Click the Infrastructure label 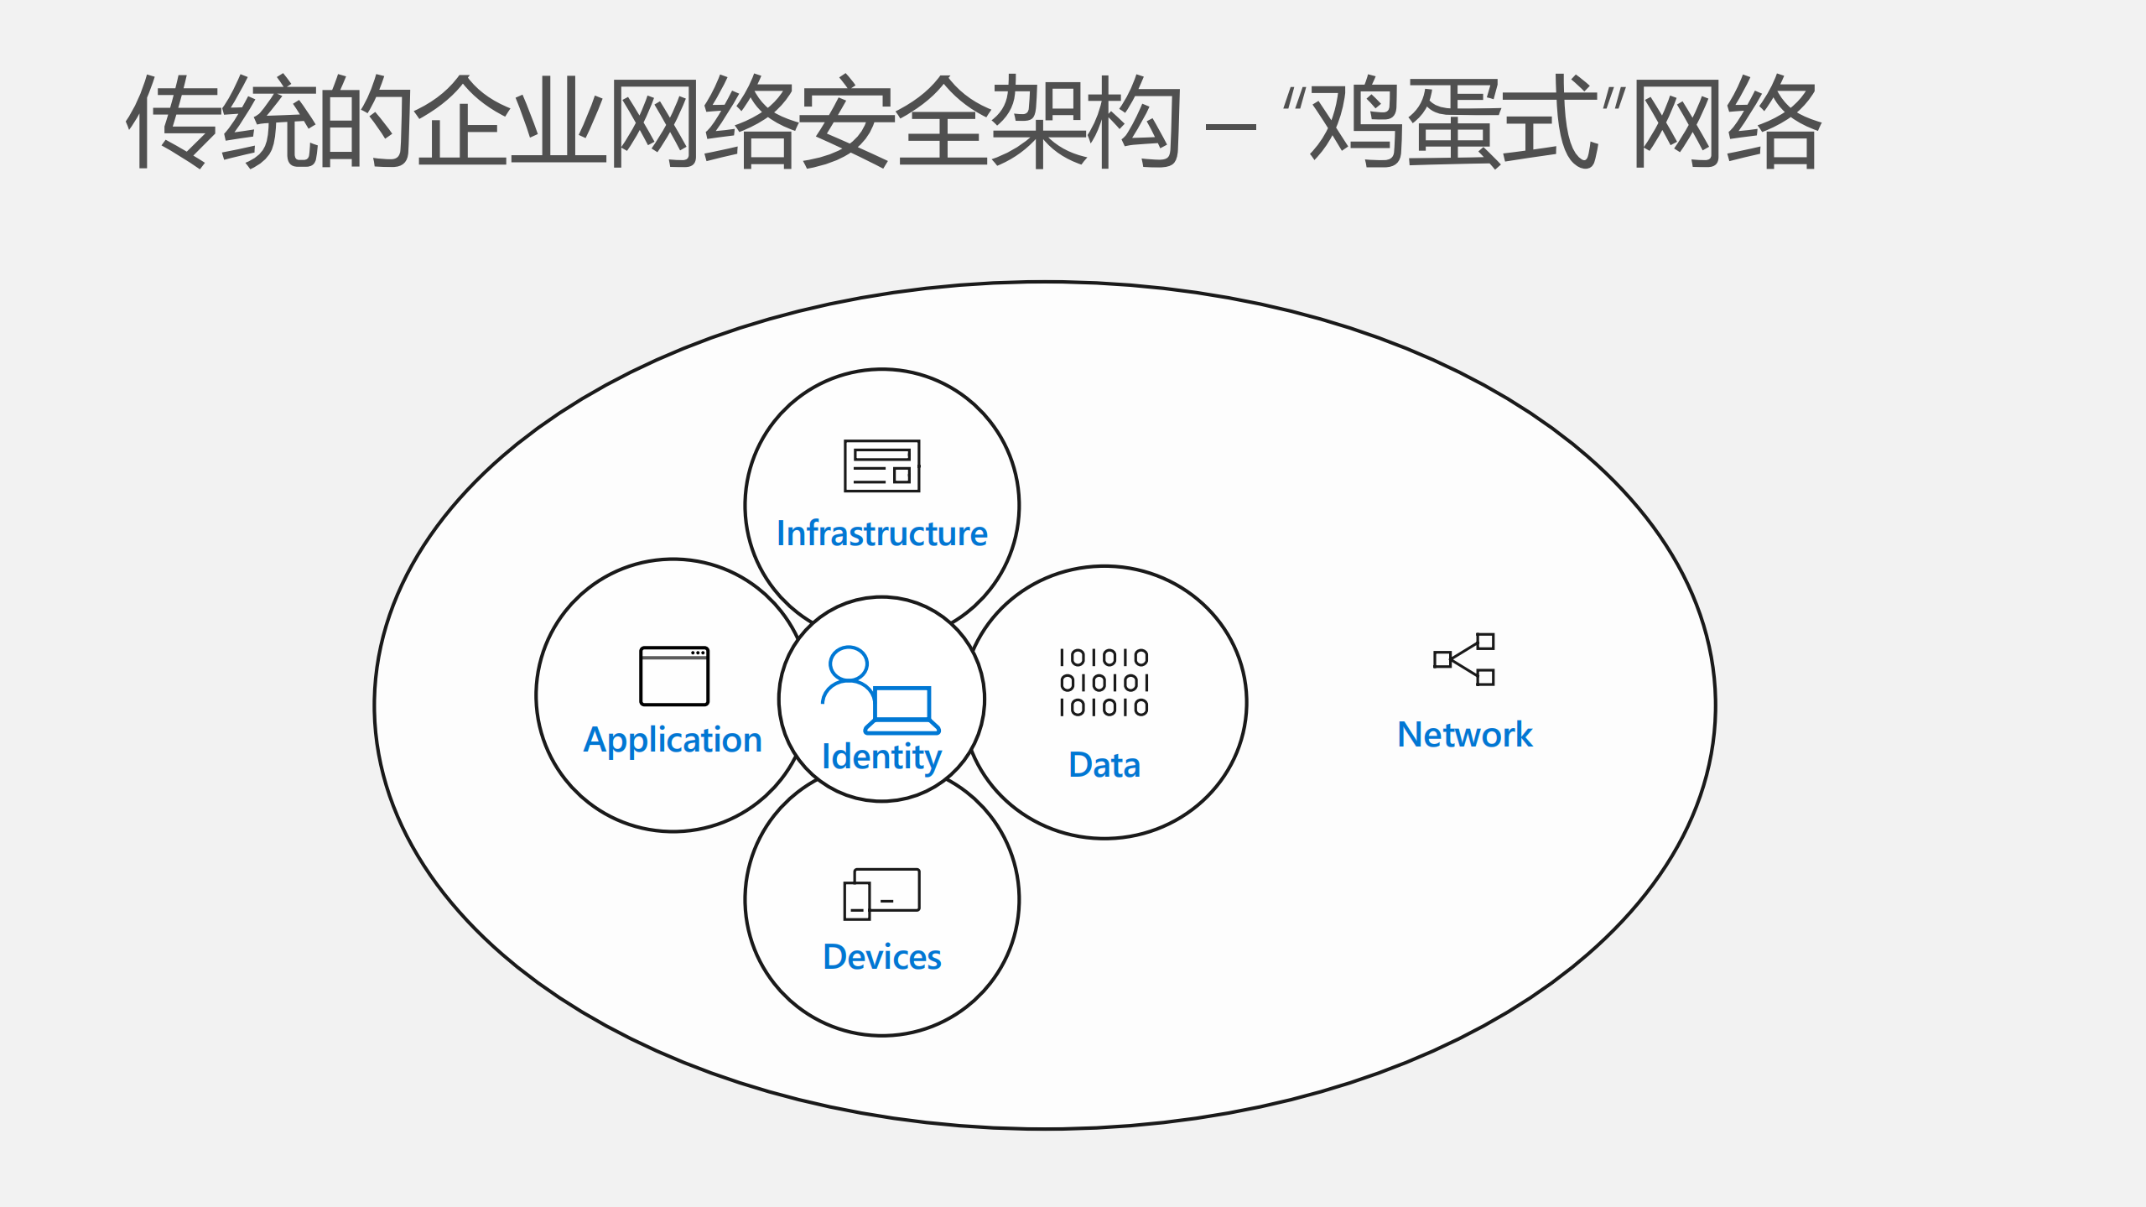click(x=881, y=534)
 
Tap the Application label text click(x=673, y=741)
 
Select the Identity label click(x=881, y=757)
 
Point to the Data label click(x=1104, y=766)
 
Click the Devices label click(x=882, y=957)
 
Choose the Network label click(x=1464, y=735)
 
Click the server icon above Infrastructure click(x=881, y=466)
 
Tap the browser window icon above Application click(x=674, y=676)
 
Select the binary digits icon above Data click(x=1104, y=683)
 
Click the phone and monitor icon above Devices click(x=881, y=894)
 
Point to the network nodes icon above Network click(x=1464, y=659)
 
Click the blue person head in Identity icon click(x=848, y=663)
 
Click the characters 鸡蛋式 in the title click(x=1452, y=122)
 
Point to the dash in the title click(x=1229, y=128)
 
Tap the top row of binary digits click(x=1104, y=658)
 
